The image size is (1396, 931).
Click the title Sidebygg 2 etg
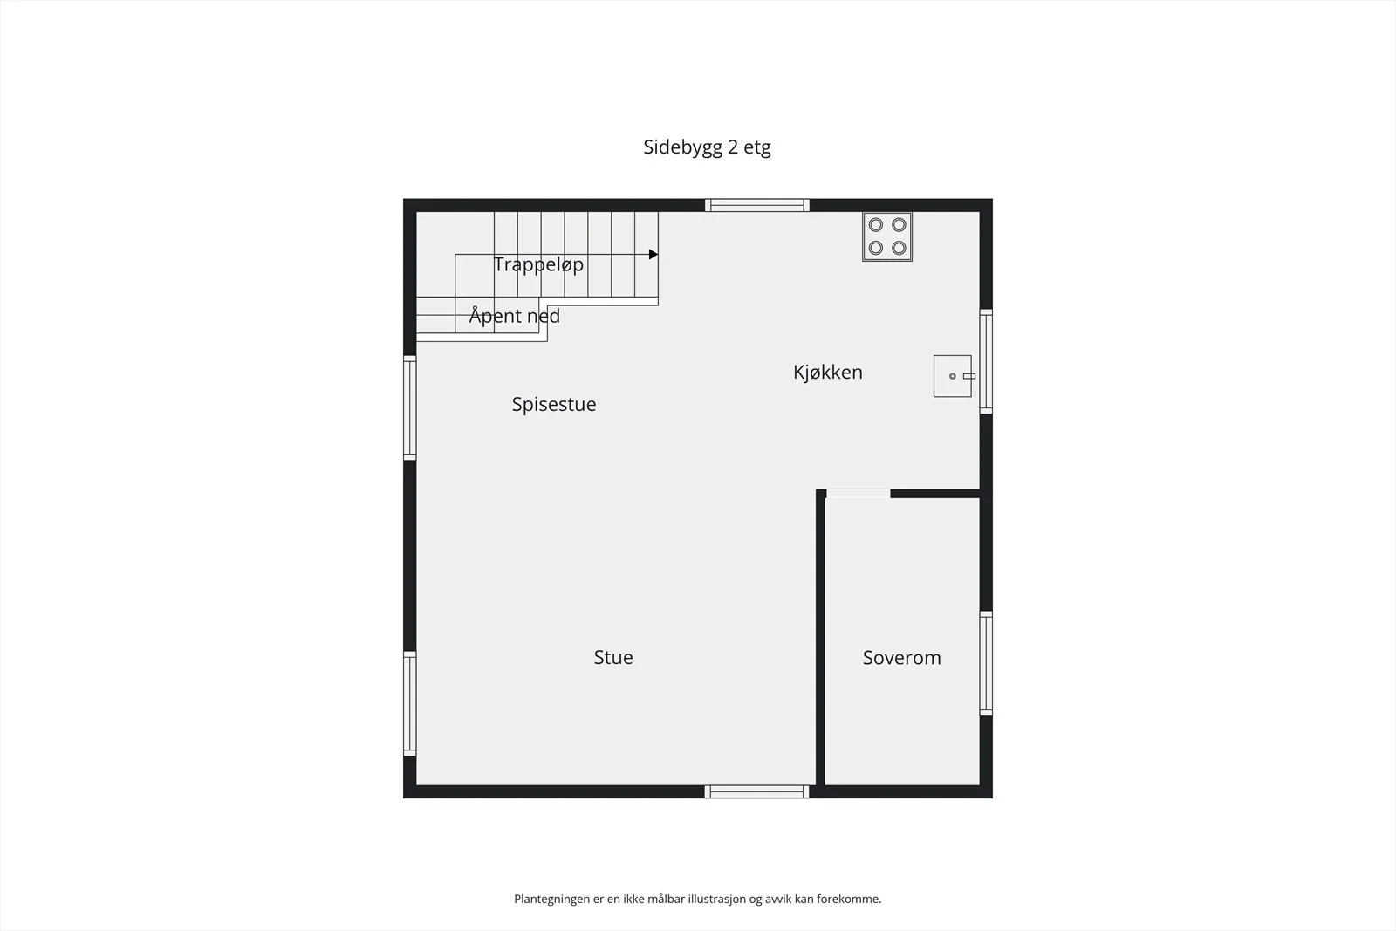click(x=707, y=147)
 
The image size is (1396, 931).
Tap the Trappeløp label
click(x=538, y=265)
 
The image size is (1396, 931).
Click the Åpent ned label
click(x=514, y=315)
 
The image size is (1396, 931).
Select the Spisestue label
click(x=554, y=405)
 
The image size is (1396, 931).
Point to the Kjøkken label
click(x=828, y=372)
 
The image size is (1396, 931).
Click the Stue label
click(x=613, y=657)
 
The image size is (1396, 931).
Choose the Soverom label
click(x=902, y=657)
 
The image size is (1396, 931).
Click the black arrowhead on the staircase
click(x=654, y=254)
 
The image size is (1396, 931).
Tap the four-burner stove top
click(x=887, y=236)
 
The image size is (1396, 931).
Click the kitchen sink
click(x=952, y=376)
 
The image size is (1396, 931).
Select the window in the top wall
click(x=757, y=205)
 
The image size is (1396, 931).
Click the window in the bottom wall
click(x=756, y=791)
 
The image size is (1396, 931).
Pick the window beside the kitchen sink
click(x=986, y=361)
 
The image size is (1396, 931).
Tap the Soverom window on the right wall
click(x=986, y=664)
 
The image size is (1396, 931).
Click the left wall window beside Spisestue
click(x=409, y=408)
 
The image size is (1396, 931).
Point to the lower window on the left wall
click(x=409, y=703)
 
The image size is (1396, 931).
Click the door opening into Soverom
click(x=859, y=494)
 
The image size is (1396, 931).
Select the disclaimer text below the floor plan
click(x=697, y=899)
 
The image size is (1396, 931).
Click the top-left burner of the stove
click(x=876, y=224)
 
